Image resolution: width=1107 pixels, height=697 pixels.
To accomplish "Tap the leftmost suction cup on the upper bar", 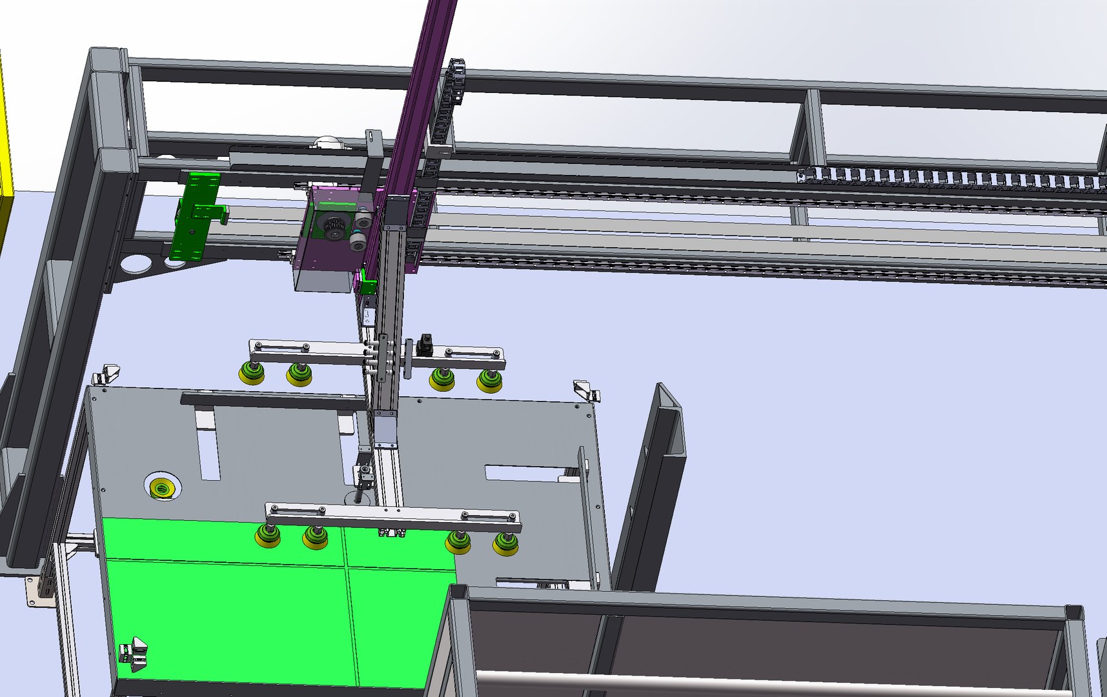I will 251,374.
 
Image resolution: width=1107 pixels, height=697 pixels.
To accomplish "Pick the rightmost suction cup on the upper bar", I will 489,381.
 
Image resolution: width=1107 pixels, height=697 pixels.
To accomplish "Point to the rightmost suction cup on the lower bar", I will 505,544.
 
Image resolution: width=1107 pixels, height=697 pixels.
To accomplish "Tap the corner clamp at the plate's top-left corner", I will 107,374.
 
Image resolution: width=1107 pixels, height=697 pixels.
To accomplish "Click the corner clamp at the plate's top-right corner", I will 586,390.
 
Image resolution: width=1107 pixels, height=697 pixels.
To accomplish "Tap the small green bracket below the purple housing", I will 368,284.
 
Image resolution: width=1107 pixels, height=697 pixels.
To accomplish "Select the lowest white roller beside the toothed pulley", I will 357,243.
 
